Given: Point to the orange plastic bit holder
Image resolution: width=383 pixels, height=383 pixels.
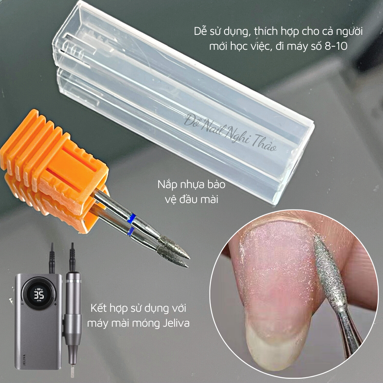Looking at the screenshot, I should (50, 172).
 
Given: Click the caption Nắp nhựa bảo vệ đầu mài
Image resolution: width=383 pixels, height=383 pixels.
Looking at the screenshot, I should (191, 192).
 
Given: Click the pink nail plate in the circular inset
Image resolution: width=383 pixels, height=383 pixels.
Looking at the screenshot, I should (276, 268).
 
